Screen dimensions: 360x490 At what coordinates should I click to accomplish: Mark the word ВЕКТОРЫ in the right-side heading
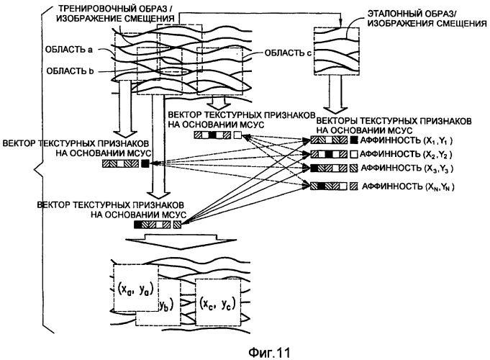point(337,115)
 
